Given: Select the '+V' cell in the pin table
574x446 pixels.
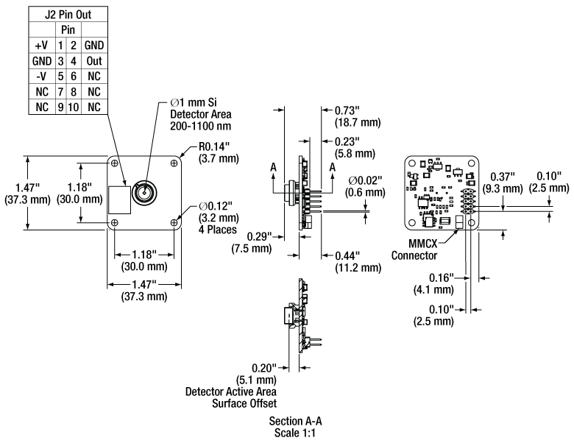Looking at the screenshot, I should point(41,45).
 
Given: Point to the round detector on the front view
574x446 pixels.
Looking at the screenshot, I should point(143,194).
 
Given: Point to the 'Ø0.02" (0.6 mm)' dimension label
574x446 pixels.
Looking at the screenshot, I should point(366,185).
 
